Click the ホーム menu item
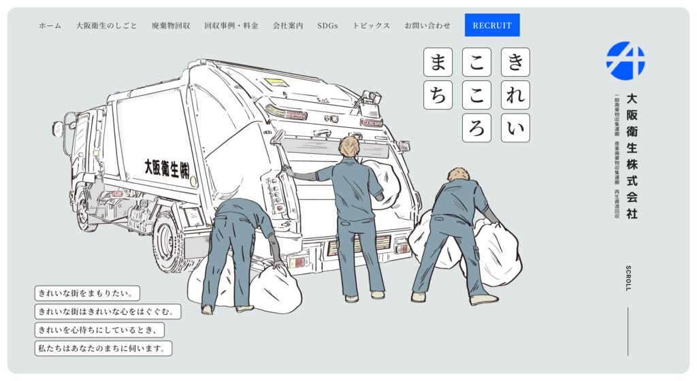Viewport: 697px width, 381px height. (50, 26)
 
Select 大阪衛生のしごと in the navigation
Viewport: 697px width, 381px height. (106, 26)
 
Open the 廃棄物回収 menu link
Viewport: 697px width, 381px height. (171, 26)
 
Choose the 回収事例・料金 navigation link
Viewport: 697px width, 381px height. (231, 26)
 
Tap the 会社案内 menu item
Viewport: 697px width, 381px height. (288, 26)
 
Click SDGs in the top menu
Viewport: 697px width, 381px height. (327, 26)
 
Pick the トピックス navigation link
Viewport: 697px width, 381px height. (371, 26)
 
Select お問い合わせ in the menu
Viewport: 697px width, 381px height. (427, 26)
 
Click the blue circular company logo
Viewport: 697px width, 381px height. (626, 61)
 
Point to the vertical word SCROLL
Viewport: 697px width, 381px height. (628, 278)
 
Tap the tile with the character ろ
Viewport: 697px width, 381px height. (476, 128)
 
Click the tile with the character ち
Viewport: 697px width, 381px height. (438, 95)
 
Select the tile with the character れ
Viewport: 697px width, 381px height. (515, 95)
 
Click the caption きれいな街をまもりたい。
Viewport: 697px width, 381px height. (88, 293)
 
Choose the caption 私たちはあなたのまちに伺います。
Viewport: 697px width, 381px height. (103, 348)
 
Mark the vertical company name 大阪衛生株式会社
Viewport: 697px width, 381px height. (632, 156)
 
